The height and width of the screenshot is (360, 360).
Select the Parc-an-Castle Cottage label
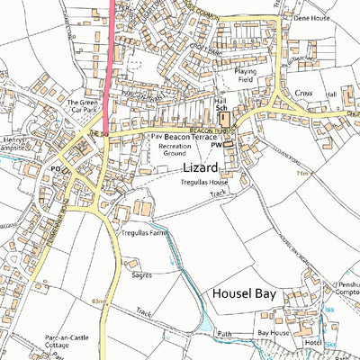(67, 343)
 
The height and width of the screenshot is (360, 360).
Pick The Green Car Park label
(84, 107)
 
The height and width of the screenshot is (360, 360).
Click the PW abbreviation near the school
(216, 142)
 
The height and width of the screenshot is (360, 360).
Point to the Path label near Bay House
(224, 334)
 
